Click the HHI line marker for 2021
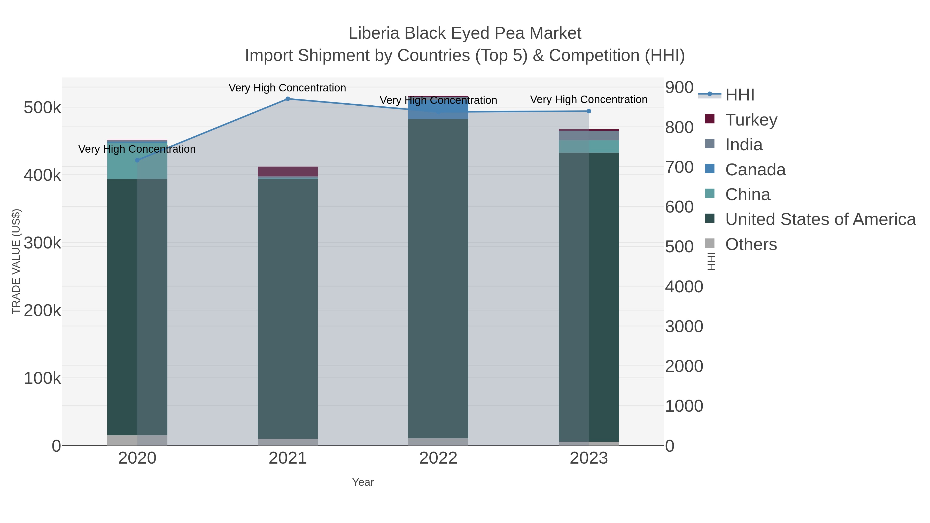[288, 99]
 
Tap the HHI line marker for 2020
[137, 160]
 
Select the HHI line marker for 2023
[589, 111]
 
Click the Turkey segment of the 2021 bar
[288, 171]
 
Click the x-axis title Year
[363, 482]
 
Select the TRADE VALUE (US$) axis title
[16, 261]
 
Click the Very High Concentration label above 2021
[287, 88]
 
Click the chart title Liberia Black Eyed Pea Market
[465, 33]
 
